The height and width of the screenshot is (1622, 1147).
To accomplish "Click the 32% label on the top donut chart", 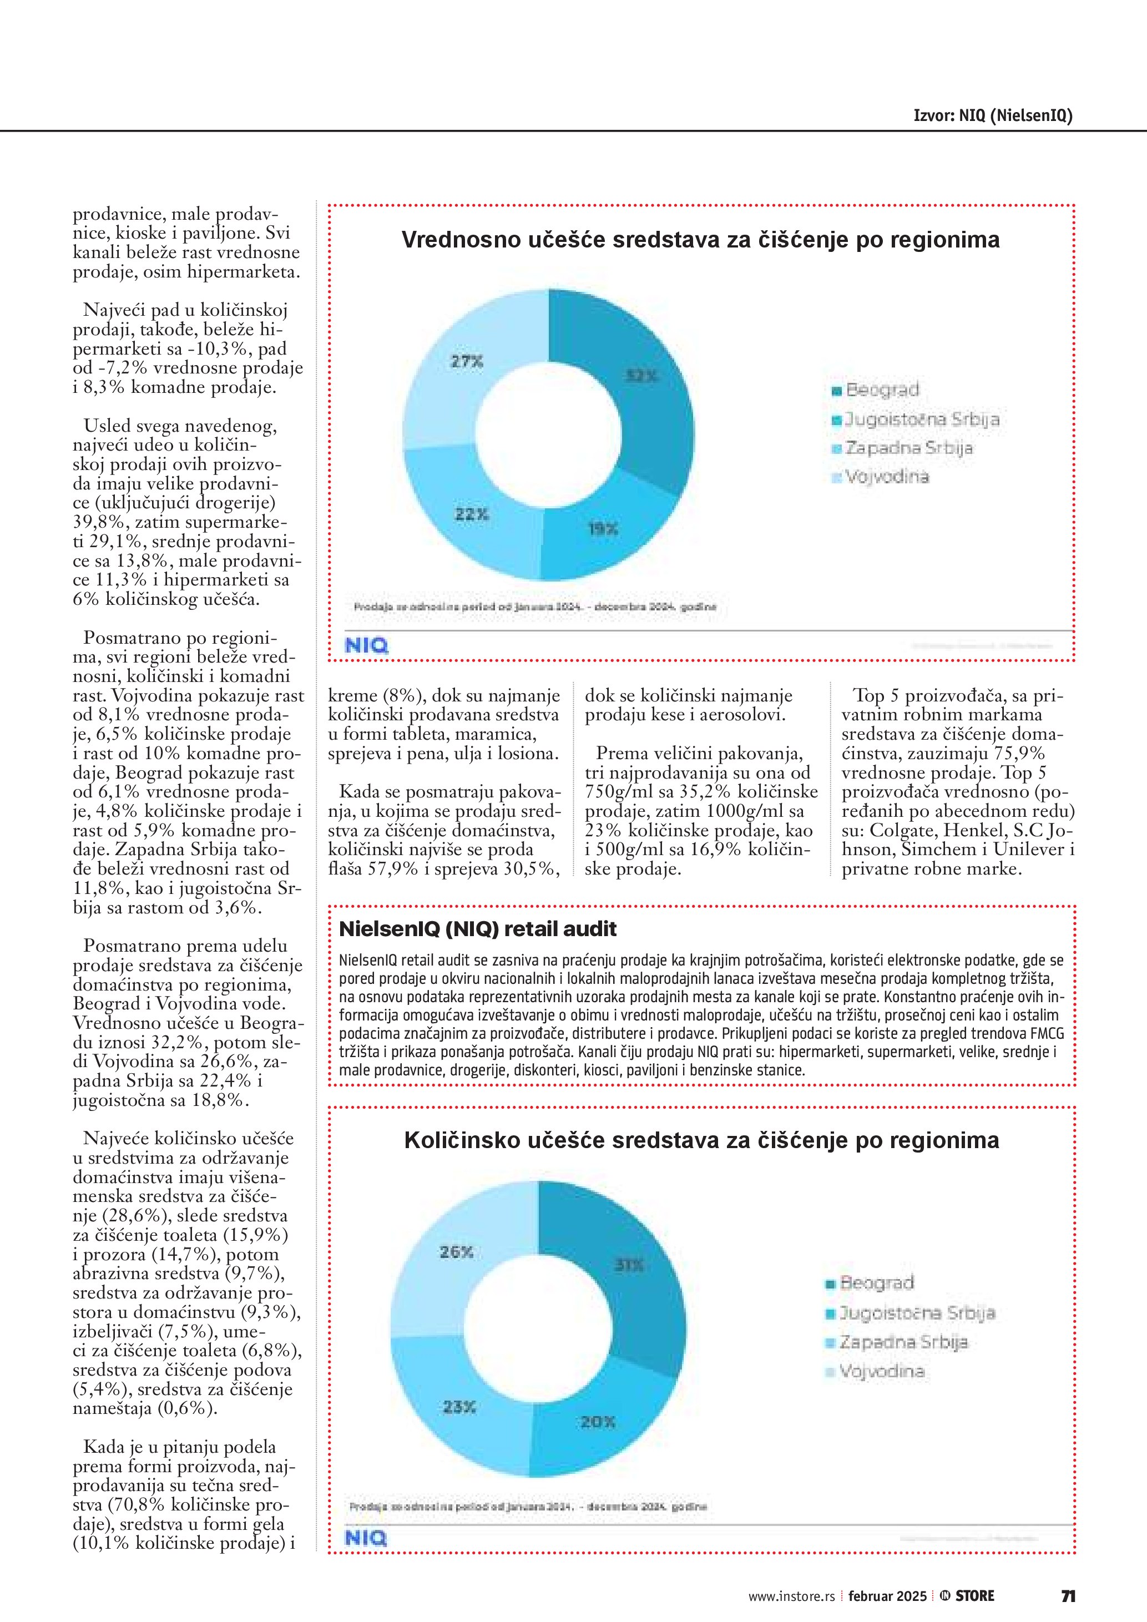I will (x=641, y=376).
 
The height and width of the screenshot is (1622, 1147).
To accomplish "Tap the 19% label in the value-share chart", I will (x=603, y=528).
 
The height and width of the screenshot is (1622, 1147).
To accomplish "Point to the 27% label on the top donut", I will (x=467, y=362).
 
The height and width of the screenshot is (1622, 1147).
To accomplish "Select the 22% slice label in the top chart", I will (x=471, y=514).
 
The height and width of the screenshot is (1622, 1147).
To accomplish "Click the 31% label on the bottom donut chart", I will (x=629, y=1265).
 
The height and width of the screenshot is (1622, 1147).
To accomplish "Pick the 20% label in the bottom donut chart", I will (x=598, y=1421).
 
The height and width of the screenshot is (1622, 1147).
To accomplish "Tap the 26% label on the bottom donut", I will (x=456, y=1252).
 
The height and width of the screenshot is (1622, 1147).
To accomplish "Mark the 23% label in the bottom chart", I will (x=459, y=1407).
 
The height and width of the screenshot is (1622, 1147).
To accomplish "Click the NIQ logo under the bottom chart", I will (x=366, y=1538).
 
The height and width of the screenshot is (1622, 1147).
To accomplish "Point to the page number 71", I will (x=1068, y=1596).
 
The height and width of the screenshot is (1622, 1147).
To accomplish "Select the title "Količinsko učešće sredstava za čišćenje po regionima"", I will (x=701, y=1140).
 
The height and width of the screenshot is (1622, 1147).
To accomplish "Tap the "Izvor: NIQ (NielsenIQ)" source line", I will (x=992, y=115).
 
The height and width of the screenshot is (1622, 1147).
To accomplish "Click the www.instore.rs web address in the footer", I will (x=792, y=1596).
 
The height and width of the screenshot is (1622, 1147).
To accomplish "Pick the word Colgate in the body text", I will (x=900, y=830).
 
